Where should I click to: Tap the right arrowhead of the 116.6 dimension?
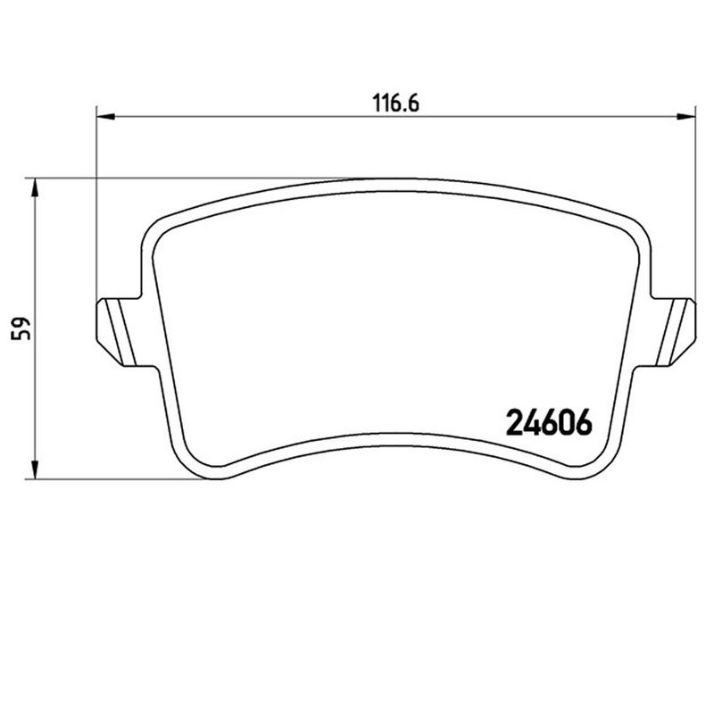686,116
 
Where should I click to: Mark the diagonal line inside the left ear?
117,328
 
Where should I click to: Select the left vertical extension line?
95,205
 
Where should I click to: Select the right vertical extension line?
695,205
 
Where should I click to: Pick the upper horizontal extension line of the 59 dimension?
178,177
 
